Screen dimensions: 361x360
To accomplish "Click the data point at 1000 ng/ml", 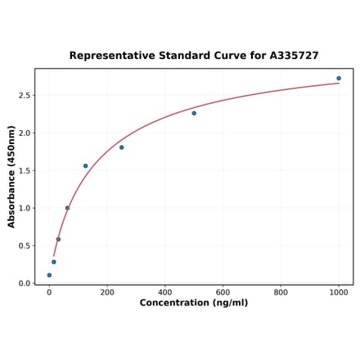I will point(339,79).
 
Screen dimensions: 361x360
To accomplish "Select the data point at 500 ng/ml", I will point(194,113).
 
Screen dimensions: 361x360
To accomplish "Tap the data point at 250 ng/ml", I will point(122,147).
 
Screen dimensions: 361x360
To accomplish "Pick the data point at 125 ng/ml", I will point(85,166).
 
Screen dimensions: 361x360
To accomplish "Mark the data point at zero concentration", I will point(49,275).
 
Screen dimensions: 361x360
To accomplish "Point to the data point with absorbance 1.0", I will point(67,208).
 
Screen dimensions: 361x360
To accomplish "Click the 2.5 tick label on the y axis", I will point(24,96).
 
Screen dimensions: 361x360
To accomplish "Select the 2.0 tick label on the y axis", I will point(24,133).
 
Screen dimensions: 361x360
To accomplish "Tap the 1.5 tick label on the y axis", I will point(24,171).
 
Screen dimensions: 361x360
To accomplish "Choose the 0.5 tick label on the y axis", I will point(24,246).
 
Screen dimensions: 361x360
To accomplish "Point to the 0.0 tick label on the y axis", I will point(24,284).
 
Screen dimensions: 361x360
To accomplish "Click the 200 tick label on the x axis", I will point(107,292).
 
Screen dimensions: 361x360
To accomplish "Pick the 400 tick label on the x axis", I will point(165,292).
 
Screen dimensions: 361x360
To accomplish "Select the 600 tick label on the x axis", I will point(223,292).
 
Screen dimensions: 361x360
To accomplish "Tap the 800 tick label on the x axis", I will point(281,292).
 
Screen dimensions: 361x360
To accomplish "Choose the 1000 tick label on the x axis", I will point(339,292).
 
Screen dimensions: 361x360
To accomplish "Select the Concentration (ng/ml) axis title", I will point(194,303).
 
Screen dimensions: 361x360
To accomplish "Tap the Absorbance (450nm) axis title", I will point(11,176).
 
